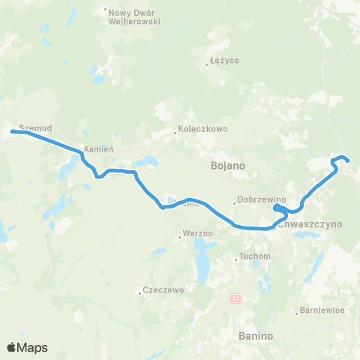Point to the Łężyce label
(x=225, y=60)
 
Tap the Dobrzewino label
(x=258, y=199)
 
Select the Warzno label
(x=198, y=234)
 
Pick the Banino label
(x=257, y=335)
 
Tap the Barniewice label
(x=321, y=309)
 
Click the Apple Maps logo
(x=28, y=347)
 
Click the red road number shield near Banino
(x=235, y=298)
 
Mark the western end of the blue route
(x=13, y=132)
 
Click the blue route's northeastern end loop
(x=341, y=159)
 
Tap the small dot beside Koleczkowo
(x=175, y=133)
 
